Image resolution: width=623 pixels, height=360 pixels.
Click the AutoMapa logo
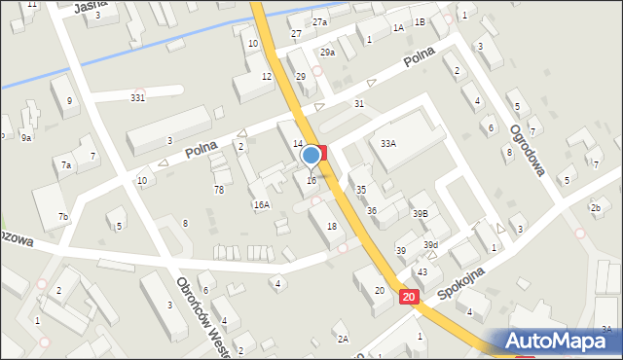558,341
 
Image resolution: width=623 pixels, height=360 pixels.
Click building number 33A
388,143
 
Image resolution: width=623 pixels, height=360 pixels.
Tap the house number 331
138,96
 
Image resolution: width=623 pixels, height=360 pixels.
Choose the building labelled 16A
261,204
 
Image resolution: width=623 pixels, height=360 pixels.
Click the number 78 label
219,190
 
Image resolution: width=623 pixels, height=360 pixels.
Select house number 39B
420,213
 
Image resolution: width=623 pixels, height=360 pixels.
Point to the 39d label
430,244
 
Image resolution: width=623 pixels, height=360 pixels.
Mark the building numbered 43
422,271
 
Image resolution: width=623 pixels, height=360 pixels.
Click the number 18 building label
332,227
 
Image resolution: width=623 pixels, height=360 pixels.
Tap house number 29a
327,53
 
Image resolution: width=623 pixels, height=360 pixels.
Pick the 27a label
319,21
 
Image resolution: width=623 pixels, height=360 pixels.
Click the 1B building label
420,21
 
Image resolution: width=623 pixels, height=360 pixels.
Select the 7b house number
62,216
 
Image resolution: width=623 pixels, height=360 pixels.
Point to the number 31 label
359,103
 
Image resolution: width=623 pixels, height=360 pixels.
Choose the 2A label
343,339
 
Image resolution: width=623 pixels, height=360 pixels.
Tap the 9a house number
26,138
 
